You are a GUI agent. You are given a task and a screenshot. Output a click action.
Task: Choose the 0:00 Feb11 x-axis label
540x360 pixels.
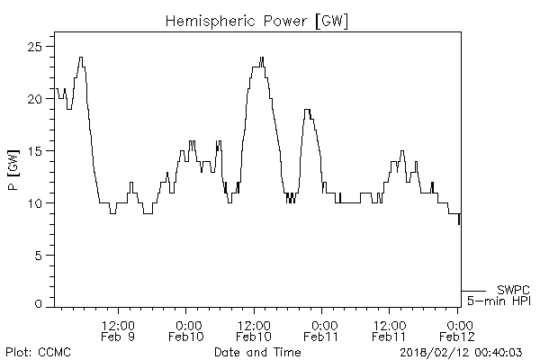coord(321,330)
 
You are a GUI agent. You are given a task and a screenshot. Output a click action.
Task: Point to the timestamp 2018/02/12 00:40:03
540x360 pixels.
coord(465,351)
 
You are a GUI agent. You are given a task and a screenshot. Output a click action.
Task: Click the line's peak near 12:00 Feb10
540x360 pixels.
coord(262,58)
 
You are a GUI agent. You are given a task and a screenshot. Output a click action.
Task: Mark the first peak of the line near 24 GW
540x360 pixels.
coord(81,58)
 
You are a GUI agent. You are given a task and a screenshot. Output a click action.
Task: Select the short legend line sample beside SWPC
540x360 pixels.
coord(474,290)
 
